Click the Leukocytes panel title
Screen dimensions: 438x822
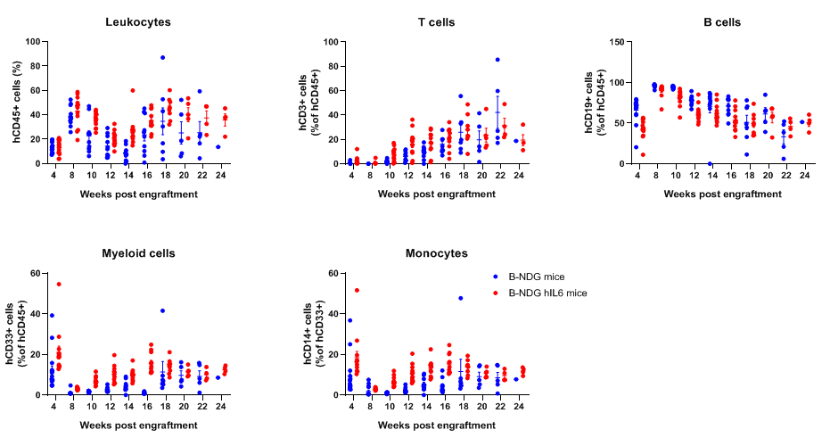click(x=138, y=21)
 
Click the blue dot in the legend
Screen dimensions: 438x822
click(x=496, y=277)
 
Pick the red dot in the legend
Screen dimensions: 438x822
click(x=496, y=293)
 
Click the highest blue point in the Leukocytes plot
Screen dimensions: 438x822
click(x=163, y=57)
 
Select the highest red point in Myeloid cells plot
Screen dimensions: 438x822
click(x=59, y=284)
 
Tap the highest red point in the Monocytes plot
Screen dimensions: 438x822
click(x=357, y=290)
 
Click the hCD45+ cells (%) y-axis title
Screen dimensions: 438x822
click(x=17, y=103)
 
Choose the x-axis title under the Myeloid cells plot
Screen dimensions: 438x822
click(x=138, y=426)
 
